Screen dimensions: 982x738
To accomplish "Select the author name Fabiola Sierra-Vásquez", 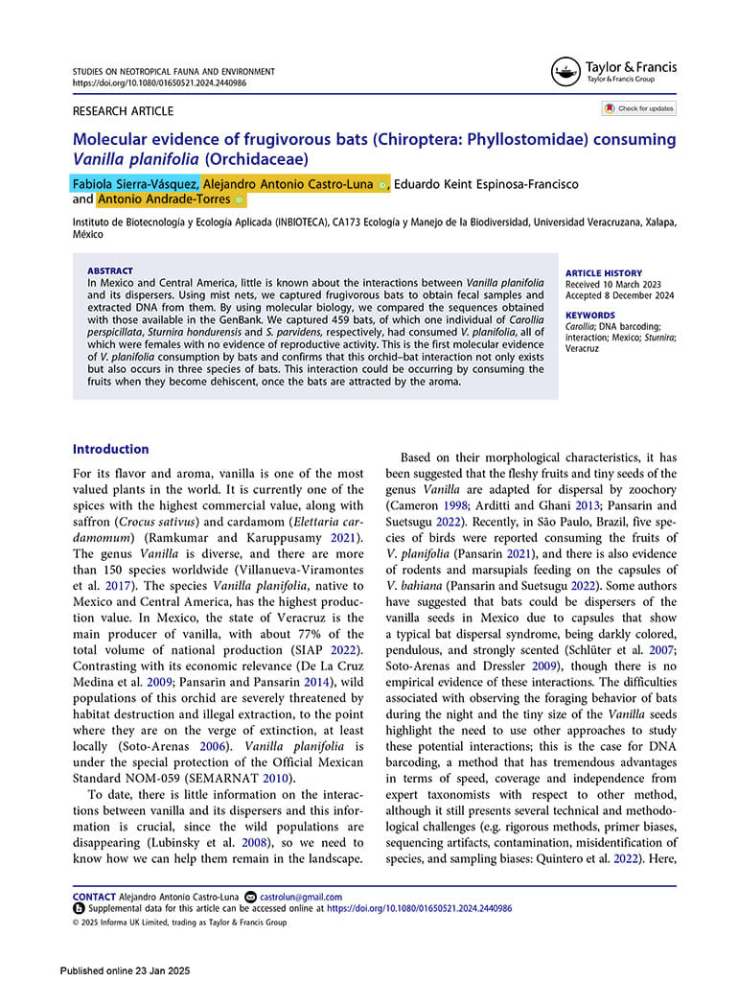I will [136, 184].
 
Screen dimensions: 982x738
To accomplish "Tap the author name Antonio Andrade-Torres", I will [163, 199].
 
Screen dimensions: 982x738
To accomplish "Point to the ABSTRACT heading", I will [110, 271].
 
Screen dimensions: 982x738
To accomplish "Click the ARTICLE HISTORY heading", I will [604, 273].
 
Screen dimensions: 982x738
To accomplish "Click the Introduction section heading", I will [111, 449].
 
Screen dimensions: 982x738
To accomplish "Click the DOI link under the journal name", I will [159, 83].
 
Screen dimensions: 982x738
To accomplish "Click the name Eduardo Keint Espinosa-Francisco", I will [486, 184].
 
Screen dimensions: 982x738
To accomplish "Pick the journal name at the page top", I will [173, 72].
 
